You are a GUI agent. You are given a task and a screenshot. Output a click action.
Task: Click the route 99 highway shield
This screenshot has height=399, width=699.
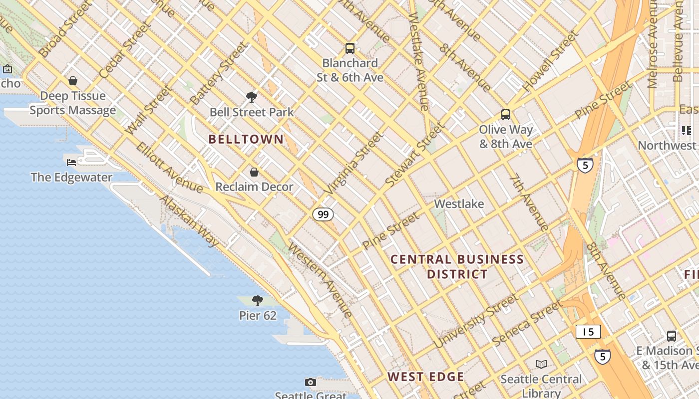click(x=323, y=214)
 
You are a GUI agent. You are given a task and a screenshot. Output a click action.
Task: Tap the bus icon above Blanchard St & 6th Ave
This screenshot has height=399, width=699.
click(x=350, y=48)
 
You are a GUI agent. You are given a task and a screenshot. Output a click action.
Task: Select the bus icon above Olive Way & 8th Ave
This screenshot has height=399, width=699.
click(x=506, y=115)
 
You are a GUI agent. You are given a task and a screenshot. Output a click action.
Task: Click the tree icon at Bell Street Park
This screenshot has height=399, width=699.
click(x=252, y=97)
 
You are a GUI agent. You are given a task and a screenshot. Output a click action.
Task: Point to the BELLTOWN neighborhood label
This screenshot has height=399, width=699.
click(x=246, y=139)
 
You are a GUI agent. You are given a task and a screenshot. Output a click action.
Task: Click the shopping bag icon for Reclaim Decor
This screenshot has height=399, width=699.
click(x=254, y=172)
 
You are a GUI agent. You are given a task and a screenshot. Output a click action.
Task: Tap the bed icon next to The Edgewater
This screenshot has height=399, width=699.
click(x=71, y=162)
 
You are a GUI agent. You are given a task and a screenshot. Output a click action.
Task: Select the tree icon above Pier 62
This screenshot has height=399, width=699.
click(x=258, y=300)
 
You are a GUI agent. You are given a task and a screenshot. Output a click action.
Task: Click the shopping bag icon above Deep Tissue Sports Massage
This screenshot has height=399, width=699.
click(x=73, y=81)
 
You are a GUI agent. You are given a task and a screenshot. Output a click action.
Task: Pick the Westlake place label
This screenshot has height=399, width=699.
click(x=459, y=203)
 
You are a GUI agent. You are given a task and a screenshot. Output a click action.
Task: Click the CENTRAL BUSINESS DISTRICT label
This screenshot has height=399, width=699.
click(x=457, y=266)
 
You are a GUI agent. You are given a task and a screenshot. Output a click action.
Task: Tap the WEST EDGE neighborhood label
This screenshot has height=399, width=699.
click(x=426, y=377)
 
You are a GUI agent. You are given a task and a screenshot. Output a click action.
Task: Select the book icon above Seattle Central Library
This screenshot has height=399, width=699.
click(x=541, y=364)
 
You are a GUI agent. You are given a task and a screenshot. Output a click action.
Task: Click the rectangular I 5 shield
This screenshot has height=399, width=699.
click(x=588, y=332)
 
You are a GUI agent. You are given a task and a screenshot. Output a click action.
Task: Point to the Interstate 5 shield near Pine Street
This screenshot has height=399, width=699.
click(x=585, y=165)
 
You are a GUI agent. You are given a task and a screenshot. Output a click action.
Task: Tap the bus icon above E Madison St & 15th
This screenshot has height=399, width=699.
click(x=672, y=336)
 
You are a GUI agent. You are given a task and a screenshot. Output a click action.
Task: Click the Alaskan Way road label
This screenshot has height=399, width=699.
click(x=189, y=220)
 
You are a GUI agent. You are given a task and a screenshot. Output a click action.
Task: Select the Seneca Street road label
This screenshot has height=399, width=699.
click(x=527, y=323)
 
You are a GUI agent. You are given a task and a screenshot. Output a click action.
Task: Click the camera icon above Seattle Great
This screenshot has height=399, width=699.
click(x=311, y=382)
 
